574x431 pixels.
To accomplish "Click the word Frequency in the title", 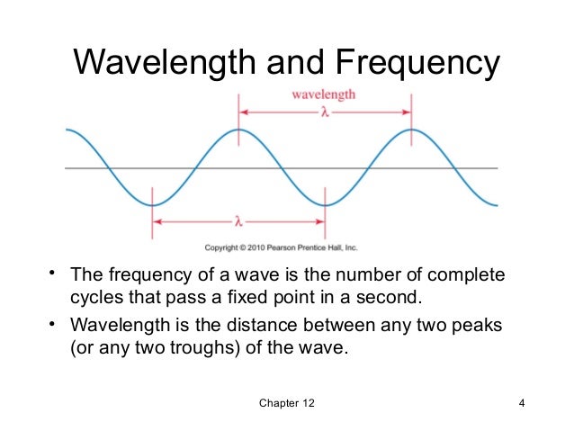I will tap(415, 63).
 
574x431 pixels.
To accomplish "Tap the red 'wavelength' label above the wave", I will tap(323, 94).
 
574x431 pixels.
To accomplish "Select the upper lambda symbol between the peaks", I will tap(324, 112).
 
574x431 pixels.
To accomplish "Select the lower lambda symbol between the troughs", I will tap(238, 220).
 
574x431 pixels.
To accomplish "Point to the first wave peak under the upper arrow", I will tap(238, 130).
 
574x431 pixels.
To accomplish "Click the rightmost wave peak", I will tap(411, 130).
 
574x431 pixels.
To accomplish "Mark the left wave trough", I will tap(152, 205).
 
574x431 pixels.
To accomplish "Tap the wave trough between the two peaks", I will tap(325, 205).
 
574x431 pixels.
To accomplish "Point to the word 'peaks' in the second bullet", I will tap(477, 324).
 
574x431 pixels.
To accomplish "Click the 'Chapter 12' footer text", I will tap(287, 402).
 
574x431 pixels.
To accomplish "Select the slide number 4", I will tap(521, 402).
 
